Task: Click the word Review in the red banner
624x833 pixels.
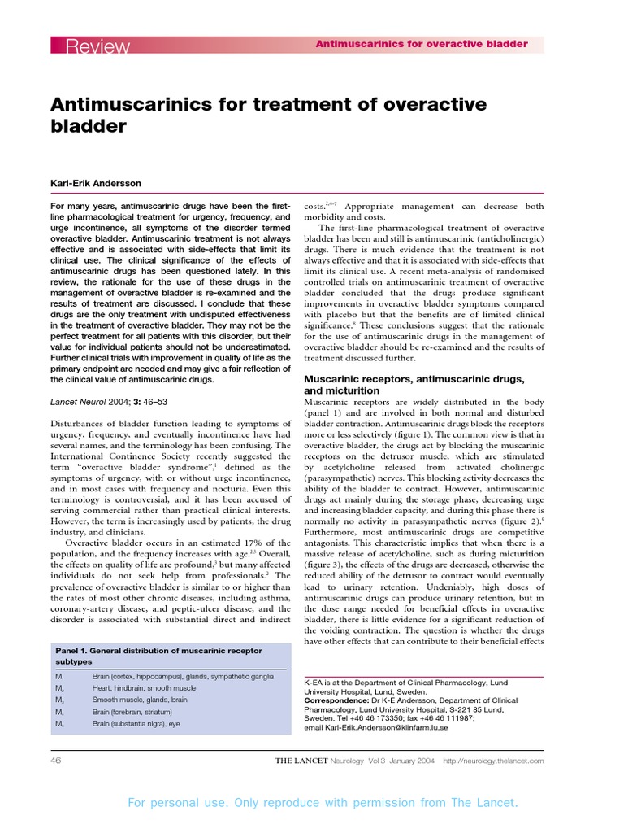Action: (98, 47)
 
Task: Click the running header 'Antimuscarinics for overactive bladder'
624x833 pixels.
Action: (422, 44)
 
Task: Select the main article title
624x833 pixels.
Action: (268, 115)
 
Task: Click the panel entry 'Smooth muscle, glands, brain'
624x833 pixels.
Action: (140, 700)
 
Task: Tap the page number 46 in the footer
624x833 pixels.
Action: (56, 761)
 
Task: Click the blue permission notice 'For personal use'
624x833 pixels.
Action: (323, 803)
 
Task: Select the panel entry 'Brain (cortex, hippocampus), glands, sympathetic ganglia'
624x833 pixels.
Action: (183, 677)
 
